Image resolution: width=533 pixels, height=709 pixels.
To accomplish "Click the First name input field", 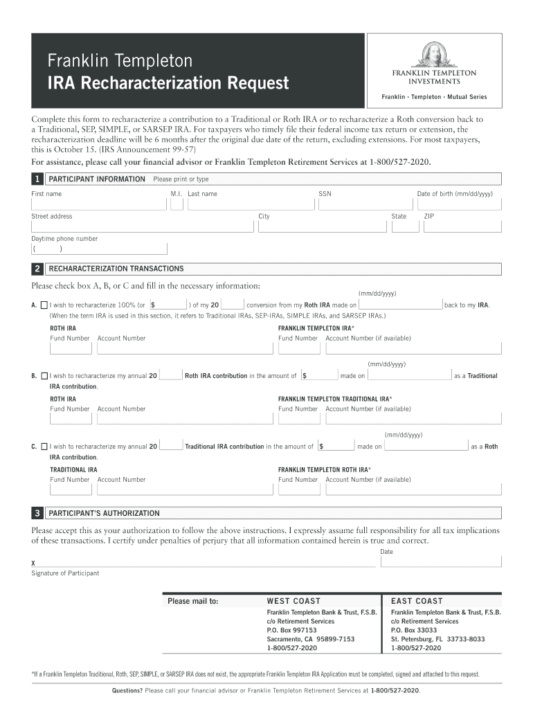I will coord(97,204).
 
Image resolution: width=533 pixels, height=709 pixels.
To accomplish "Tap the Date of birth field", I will coord(458,204).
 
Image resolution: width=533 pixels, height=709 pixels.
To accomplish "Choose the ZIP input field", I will coord(462,226).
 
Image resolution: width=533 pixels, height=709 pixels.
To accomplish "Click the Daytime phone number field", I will coord(98,249).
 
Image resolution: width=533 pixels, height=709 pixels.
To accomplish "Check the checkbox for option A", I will coord(44,305).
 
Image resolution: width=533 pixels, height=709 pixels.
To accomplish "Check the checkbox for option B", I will coord(44,376).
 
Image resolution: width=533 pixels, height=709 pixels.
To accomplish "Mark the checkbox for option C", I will coord(44,447).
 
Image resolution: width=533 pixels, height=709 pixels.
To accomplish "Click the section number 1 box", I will coord(37,179).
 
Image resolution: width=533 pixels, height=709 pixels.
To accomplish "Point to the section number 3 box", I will coord(37,513).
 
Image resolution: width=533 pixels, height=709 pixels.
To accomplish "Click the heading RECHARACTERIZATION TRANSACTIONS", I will coord(116,269).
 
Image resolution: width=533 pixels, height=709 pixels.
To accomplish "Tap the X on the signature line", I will coord(33,564).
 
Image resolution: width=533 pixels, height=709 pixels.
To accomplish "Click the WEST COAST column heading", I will coord(293,601).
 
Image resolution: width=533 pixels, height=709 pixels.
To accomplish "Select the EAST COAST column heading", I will coord(417,601).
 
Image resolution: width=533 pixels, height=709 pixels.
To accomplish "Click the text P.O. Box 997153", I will coord(291,630).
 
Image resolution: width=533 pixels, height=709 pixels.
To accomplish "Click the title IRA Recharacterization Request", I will coord(168,84).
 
